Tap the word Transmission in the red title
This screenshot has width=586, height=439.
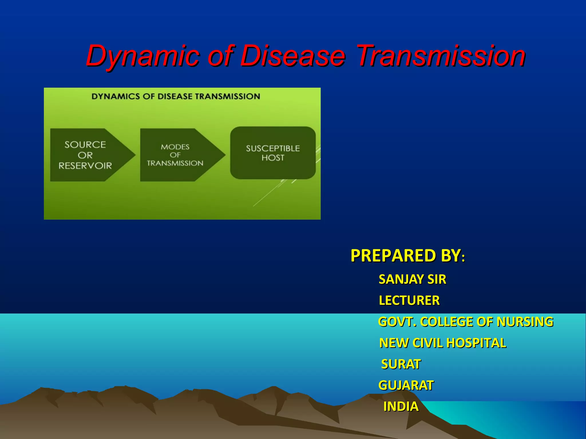coord(441,56)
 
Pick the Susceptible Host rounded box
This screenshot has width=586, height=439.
coord(273,153)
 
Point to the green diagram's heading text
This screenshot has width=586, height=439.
coord(176,96)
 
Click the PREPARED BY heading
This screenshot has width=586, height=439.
coord(405,256)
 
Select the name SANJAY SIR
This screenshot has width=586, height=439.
coord(412,279)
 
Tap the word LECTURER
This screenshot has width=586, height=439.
coord(409,300)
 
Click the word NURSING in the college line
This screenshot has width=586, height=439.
coord(525,322)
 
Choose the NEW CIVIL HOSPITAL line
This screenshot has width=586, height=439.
coord(442,343)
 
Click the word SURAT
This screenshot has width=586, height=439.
coord(401,364)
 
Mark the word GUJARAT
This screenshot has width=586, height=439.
coord(406,385)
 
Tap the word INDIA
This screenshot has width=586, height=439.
coord(401,406)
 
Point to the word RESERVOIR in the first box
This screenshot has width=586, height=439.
coord(85,165)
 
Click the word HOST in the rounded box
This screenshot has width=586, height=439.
coord(273,158)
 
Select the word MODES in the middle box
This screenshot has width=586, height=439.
coord(175,147)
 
